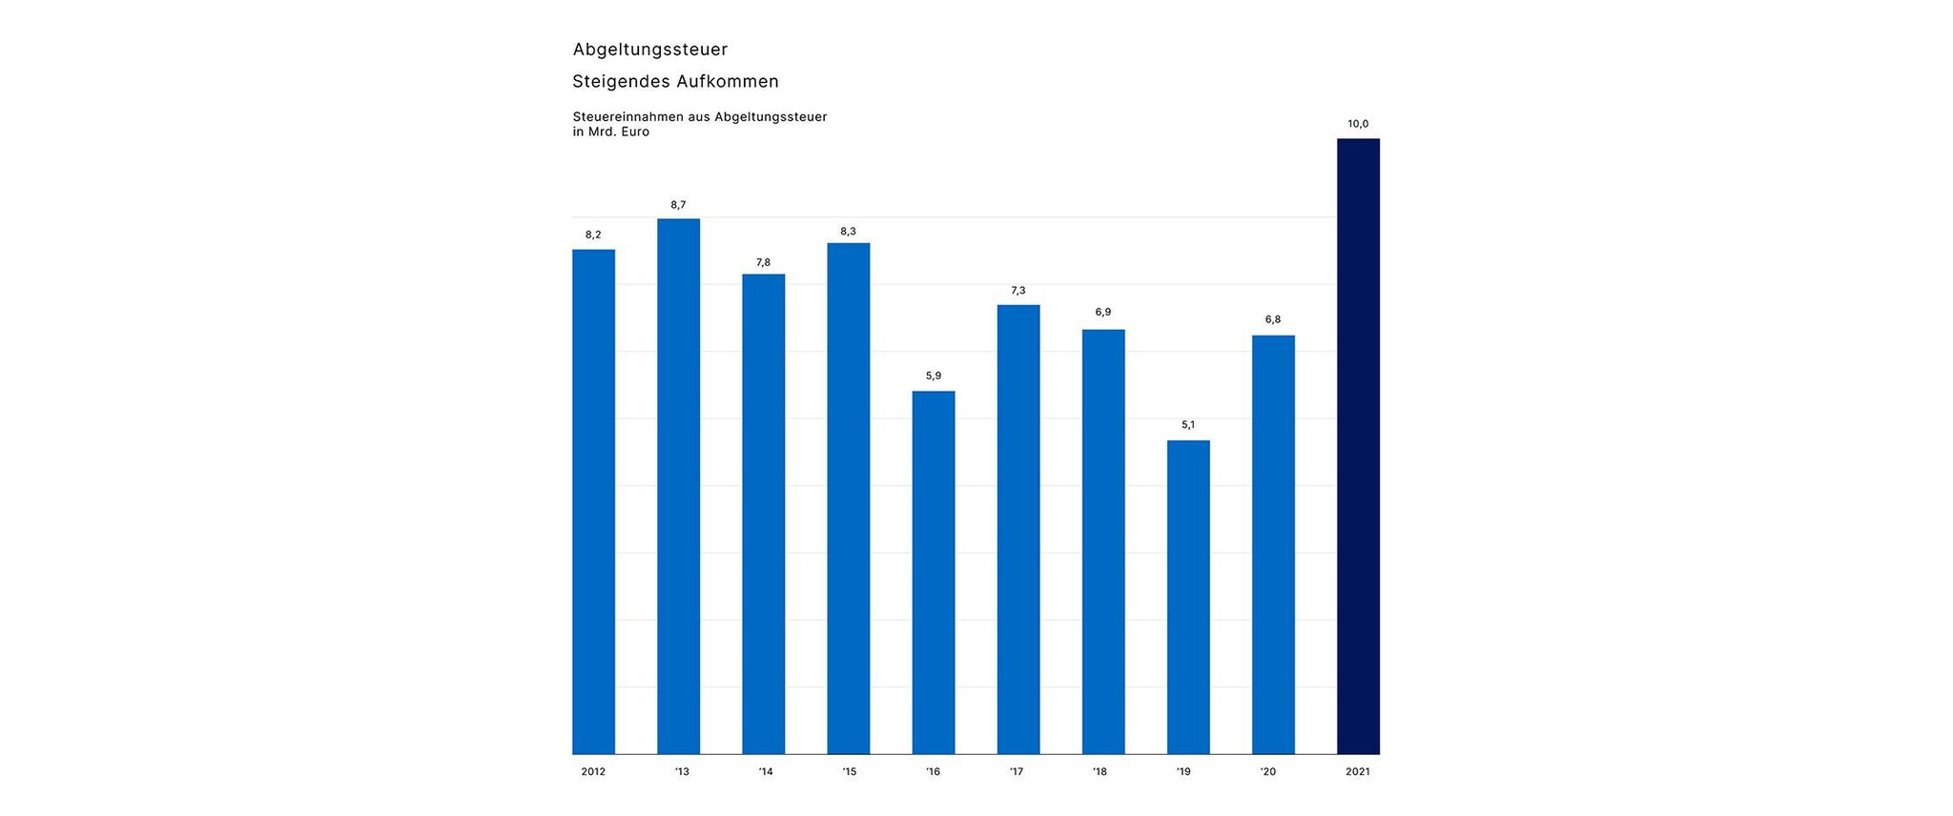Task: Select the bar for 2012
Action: pyautogui.click(x=593, y=501)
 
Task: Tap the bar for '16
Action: pyautogui.click(x=934, y=572)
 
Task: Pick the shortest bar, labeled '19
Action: pyautogui.click(x=1188, y=597)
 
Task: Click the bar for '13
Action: pyautogui.click(x=678, y=486)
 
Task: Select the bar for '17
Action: pyautogui.click(x=1018, y=529)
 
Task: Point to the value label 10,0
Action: pyautogui.click(x=1358, y=124)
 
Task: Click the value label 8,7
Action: pyautogui.click(x=678, y=205)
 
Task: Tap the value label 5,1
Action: pyautogui.click(x=1188, y=425)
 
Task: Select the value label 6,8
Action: pyautogui.click(x=1273, y=320)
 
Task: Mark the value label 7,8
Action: pyautogui.click(x=763, y=263)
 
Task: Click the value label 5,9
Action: pyautogui.click(x=934, y=377)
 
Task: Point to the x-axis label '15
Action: pyautogui.click(x=849, y=772)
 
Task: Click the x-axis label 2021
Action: pyautogui.click(x=1358, y=772)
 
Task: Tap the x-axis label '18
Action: pyautogui.click(x=1100, y=772)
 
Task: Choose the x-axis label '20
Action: pyautogui.click(x=1267, y=772)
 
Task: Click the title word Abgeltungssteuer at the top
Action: pyautogui.click(x=650, y=50)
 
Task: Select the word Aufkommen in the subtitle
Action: pyautogui.click(x=728, y=82)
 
